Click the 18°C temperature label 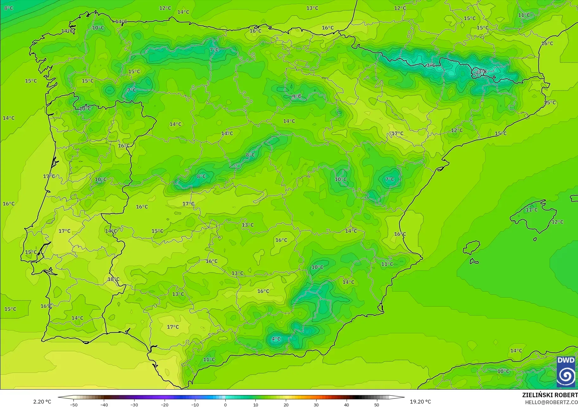coord(113,279)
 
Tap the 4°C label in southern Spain coord(276,339)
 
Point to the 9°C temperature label coord(297,96)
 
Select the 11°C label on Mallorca coord(531,210)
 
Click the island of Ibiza coord(471,247)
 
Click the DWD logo coord(566,372)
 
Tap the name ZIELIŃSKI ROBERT coord(550,395)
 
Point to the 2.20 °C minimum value coord(42,402)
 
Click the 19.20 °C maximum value coord(420,402)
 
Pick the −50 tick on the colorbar coord(74,404)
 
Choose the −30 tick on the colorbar coord(134,404)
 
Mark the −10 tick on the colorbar coord(195,404)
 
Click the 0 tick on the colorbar coord(225,404)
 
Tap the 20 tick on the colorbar coord(286,404)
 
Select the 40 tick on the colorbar coord(346,404)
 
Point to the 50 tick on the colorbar coord(376,404)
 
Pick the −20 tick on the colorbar coord(164,404)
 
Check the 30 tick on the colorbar coord(316,404)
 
